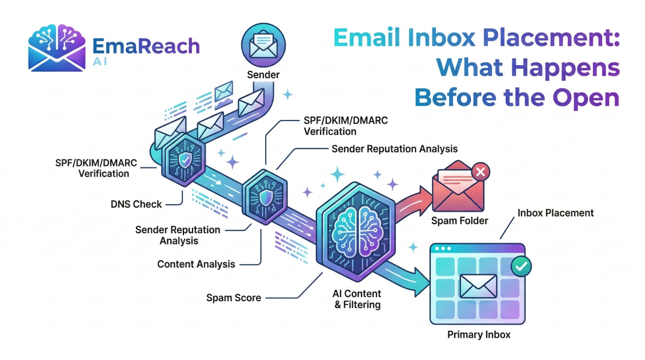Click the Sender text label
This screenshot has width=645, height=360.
pos(262,75)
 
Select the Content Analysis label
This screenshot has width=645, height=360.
pos(196,264)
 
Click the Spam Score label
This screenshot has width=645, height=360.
pos(234,298)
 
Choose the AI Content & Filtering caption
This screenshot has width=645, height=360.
pos(357,299)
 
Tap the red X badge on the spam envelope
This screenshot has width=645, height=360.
pos(481,171)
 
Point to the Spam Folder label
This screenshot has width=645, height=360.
pos(460,221)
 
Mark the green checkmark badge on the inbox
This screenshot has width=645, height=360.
pos(521,266)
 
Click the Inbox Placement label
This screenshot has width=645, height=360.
pos(555,213)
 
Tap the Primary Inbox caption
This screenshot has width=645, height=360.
pos(478,334)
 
